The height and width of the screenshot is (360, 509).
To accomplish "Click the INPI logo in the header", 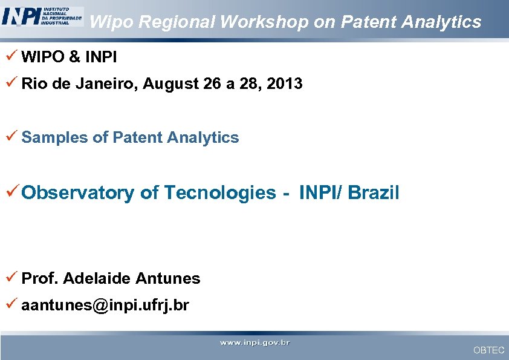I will click(x=42, y=16).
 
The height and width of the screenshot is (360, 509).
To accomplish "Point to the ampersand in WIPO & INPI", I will click(x=74, y=57).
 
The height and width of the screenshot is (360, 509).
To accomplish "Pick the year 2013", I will click(x=284, y=84).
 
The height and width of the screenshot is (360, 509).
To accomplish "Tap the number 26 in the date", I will click(x=213, y=84).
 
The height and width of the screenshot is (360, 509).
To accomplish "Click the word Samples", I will click(x=54, y=138).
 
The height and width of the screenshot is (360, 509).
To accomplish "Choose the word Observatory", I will click(x=78, y=193).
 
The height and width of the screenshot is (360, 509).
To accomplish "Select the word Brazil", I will click(x=374, y=193).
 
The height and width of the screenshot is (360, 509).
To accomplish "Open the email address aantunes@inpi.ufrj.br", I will click(x=105, y=306).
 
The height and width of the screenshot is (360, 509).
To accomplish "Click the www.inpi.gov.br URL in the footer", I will click(x=254, y=343).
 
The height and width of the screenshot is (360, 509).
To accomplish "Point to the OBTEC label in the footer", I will click(x=488, y=350).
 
